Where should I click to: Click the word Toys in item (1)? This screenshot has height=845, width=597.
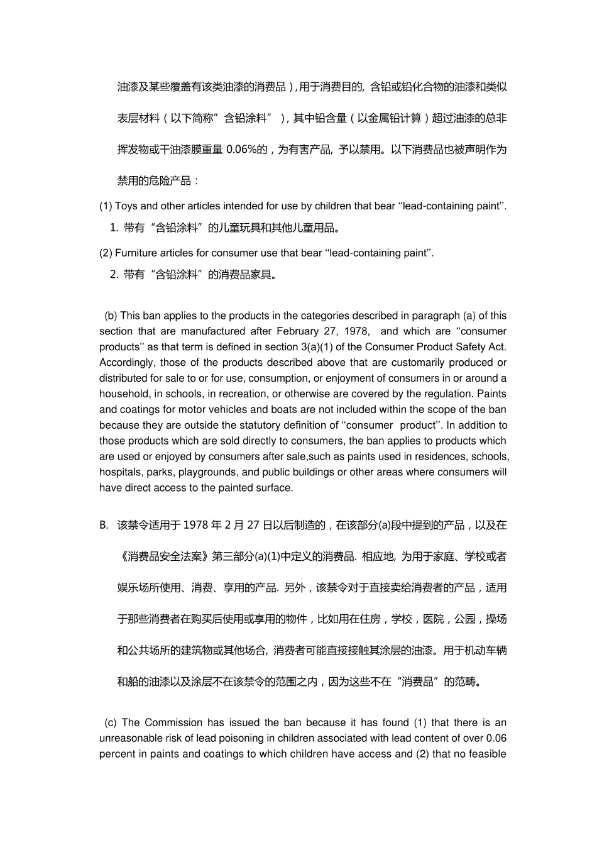pyautogui.click(x=126, y=206)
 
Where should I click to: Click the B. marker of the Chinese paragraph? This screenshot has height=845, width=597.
pyautogui.click(x=104, y=526)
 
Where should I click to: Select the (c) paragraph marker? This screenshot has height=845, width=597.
pyautogui.click(x=111, y=723)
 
